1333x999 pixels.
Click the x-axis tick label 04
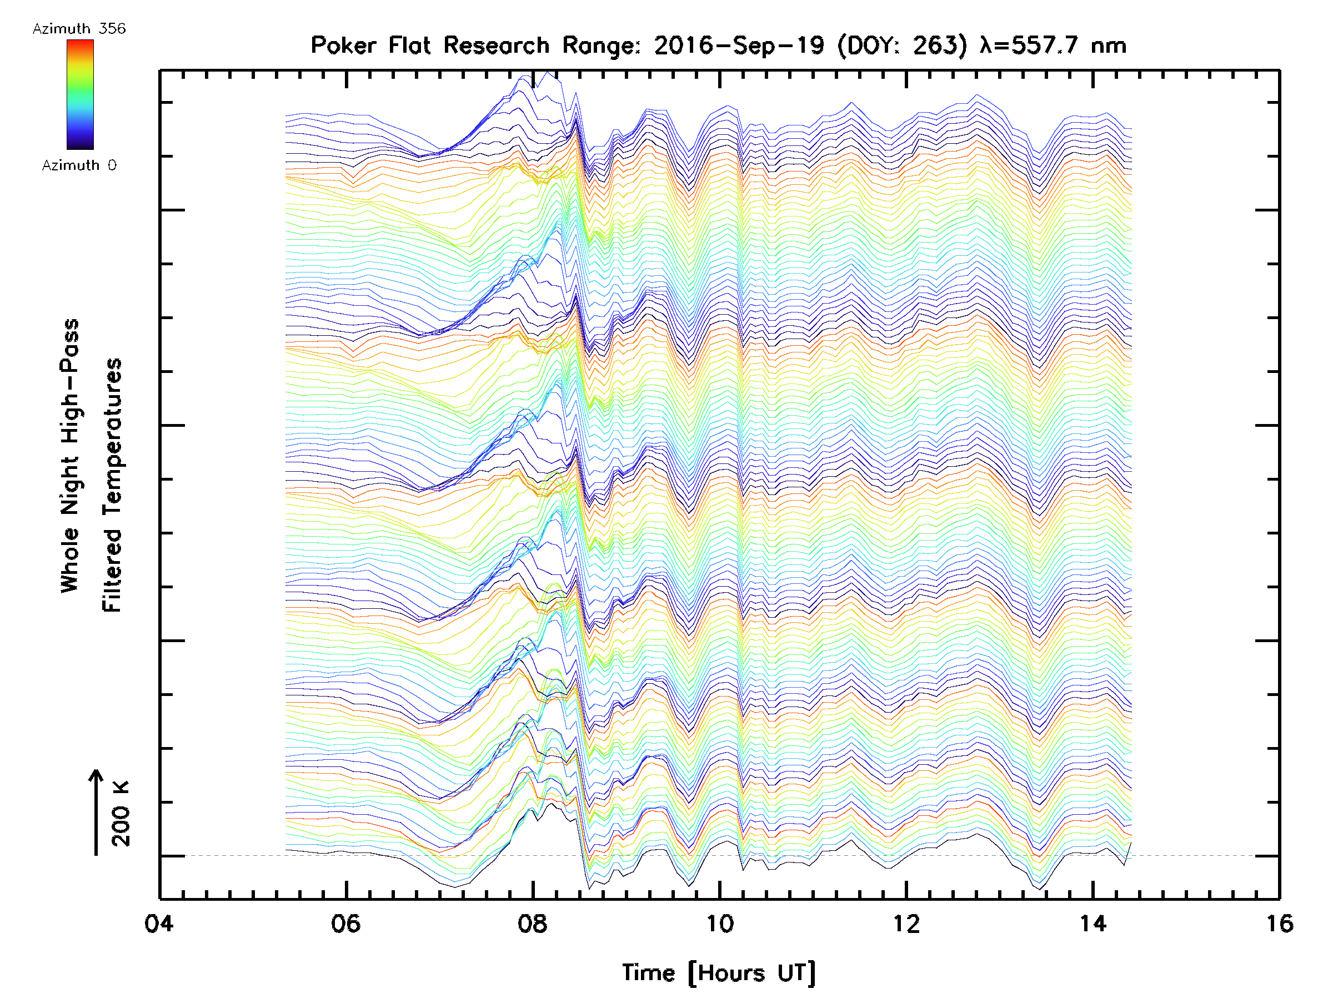pos(159,924)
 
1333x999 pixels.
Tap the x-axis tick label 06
pos(346,924)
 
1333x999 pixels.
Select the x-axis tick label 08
pos(533,924)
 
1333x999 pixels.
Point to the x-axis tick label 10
pos(719,924)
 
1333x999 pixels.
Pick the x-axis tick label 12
pos(906,924)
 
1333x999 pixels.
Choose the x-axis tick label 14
pos(1093,924)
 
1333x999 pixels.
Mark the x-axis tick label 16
pos(1279,924)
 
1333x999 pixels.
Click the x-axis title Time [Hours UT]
pos(719,973)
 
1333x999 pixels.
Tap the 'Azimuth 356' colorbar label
pos(79,29)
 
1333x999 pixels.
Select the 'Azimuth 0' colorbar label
pos(79,165)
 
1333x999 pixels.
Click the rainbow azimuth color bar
pos(80,94)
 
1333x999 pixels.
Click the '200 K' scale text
pos(121,814)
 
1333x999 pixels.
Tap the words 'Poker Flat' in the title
pos(370,46)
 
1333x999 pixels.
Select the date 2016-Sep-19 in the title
pos(739,46)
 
